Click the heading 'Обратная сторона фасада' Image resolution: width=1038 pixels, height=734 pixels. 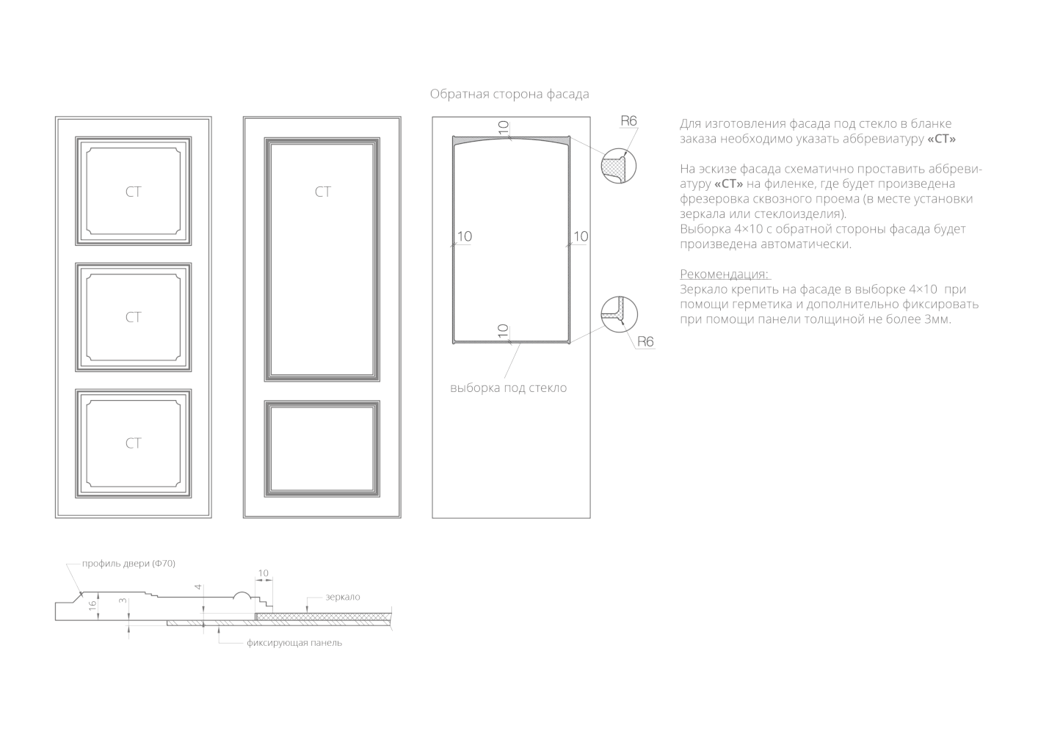509,94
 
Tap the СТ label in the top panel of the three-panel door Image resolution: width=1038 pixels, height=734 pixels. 133,192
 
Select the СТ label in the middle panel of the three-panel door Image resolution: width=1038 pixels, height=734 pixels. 133,317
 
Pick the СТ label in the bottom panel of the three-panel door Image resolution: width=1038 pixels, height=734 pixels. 133,443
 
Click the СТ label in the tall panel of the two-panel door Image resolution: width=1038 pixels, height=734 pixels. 323,192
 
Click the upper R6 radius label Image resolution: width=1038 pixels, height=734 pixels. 628,121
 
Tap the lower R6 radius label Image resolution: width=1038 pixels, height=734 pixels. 645,341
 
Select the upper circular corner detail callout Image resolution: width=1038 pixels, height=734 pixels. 618,166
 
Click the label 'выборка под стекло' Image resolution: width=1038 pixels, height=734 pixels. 508,388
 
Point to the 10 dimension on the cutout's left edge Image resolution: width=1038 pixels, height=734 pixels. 464,236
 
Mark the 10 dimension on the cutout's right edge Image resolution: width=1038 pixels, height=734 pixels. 580,236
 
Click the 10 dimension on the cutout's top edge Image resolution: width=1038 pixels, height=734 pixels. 504,127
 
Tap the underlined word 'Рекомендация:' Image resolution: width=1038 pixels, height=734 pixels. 725,274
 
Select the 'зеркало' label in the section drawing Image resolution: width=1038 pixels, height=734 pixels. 342,597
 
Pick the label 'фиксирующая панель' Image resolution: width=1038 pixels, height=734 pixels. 294,643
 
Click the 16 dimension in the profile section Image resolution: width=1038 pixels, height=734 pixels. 92,606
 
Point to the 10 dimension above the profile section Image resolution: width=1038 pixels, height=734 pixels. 264,573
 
